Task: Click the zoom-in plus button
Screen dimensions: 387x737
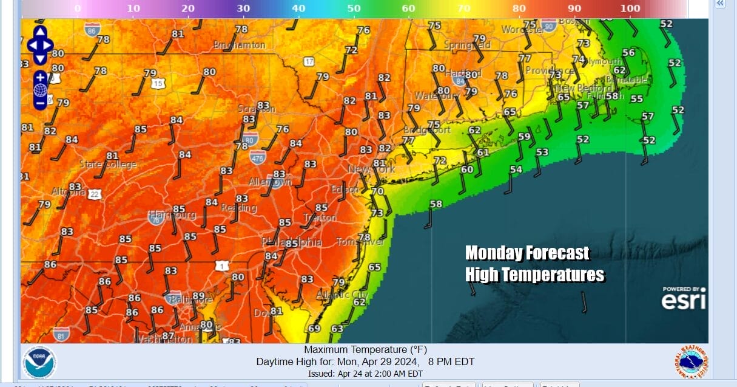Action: click(x=40, y=77)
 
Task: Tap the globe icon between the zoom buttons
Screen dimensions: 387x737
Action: click(x=40, y=91)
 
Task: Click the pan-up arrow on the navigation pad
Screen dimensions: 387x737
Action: click(x=40, y=32)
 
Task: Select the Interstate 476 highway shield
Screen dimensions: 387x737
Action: click(x=257, y=157)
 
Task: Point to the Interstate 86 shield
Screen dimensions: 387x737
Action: click(x=92, y=28)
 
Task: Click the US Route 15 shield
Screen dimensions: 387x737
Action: click(x=158, y=83)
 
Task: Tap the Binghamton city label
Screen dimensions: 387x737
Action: click(x=239, y=45)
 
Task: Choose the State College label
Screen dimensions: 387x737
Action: click(x=108, y=165)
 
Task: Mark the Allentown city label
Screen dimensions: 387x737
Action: click(x=271, y=182)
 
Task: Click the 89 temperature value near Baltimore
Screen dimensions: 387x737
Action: click(x=198, y=296)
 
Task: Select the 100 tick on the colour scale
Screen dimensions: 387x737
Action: click(x=630, y=9)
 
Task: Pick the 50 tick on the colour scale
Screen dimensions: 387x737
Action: click(x=354, y=9)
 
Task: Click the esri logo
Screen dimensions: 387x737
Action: click(x=684, y=299)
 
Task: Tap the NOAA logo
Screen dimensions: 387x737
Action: click(x=39, y=362)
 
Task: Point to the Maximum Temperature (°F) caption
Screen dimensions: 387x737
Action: click(x=365, y=350)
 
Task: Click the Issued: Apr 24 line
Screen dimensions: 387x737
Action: click(x=365, y=374)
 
